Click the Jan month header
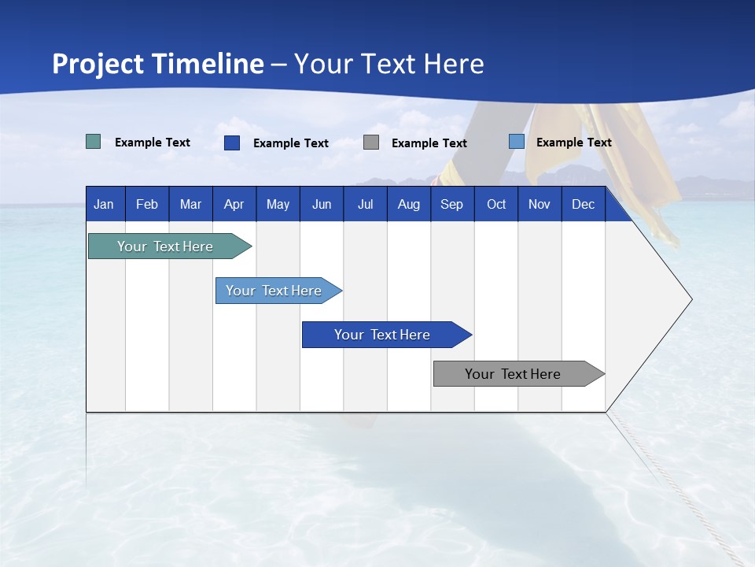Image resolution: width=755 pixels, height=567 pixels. point(105,204)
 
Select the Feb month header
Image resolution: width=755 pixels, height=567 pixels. point(147,204)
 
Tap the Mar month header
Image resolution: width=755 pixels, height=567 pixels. point(190,204)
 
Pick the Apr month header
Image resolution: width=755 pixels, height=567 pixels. point(234,204)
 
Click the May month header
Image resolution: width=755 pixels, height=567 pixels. point(278,204)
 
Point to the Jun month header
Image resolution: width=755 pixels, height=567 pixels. point(322,204)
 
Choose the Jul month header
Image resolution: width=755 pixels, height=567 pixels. point(365,204)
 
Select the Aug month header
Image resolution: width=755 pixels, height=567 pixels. point(409,204)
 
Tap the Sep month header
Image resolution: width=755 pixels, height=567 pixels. point(452,204)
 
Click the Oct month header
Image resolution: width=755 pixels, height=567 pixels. point(496,204)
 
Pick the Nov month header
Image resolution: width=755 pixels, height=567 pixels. point(540,204)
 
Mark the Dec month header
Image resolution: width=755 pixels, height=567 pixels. point(584,204)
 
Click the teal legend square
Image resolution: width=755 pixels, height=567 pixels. point(94,142)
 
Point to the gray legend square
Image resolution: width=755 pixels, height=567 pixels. point(371,143)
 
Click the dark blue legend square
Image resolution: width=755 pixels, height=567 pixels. point(232,143)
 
